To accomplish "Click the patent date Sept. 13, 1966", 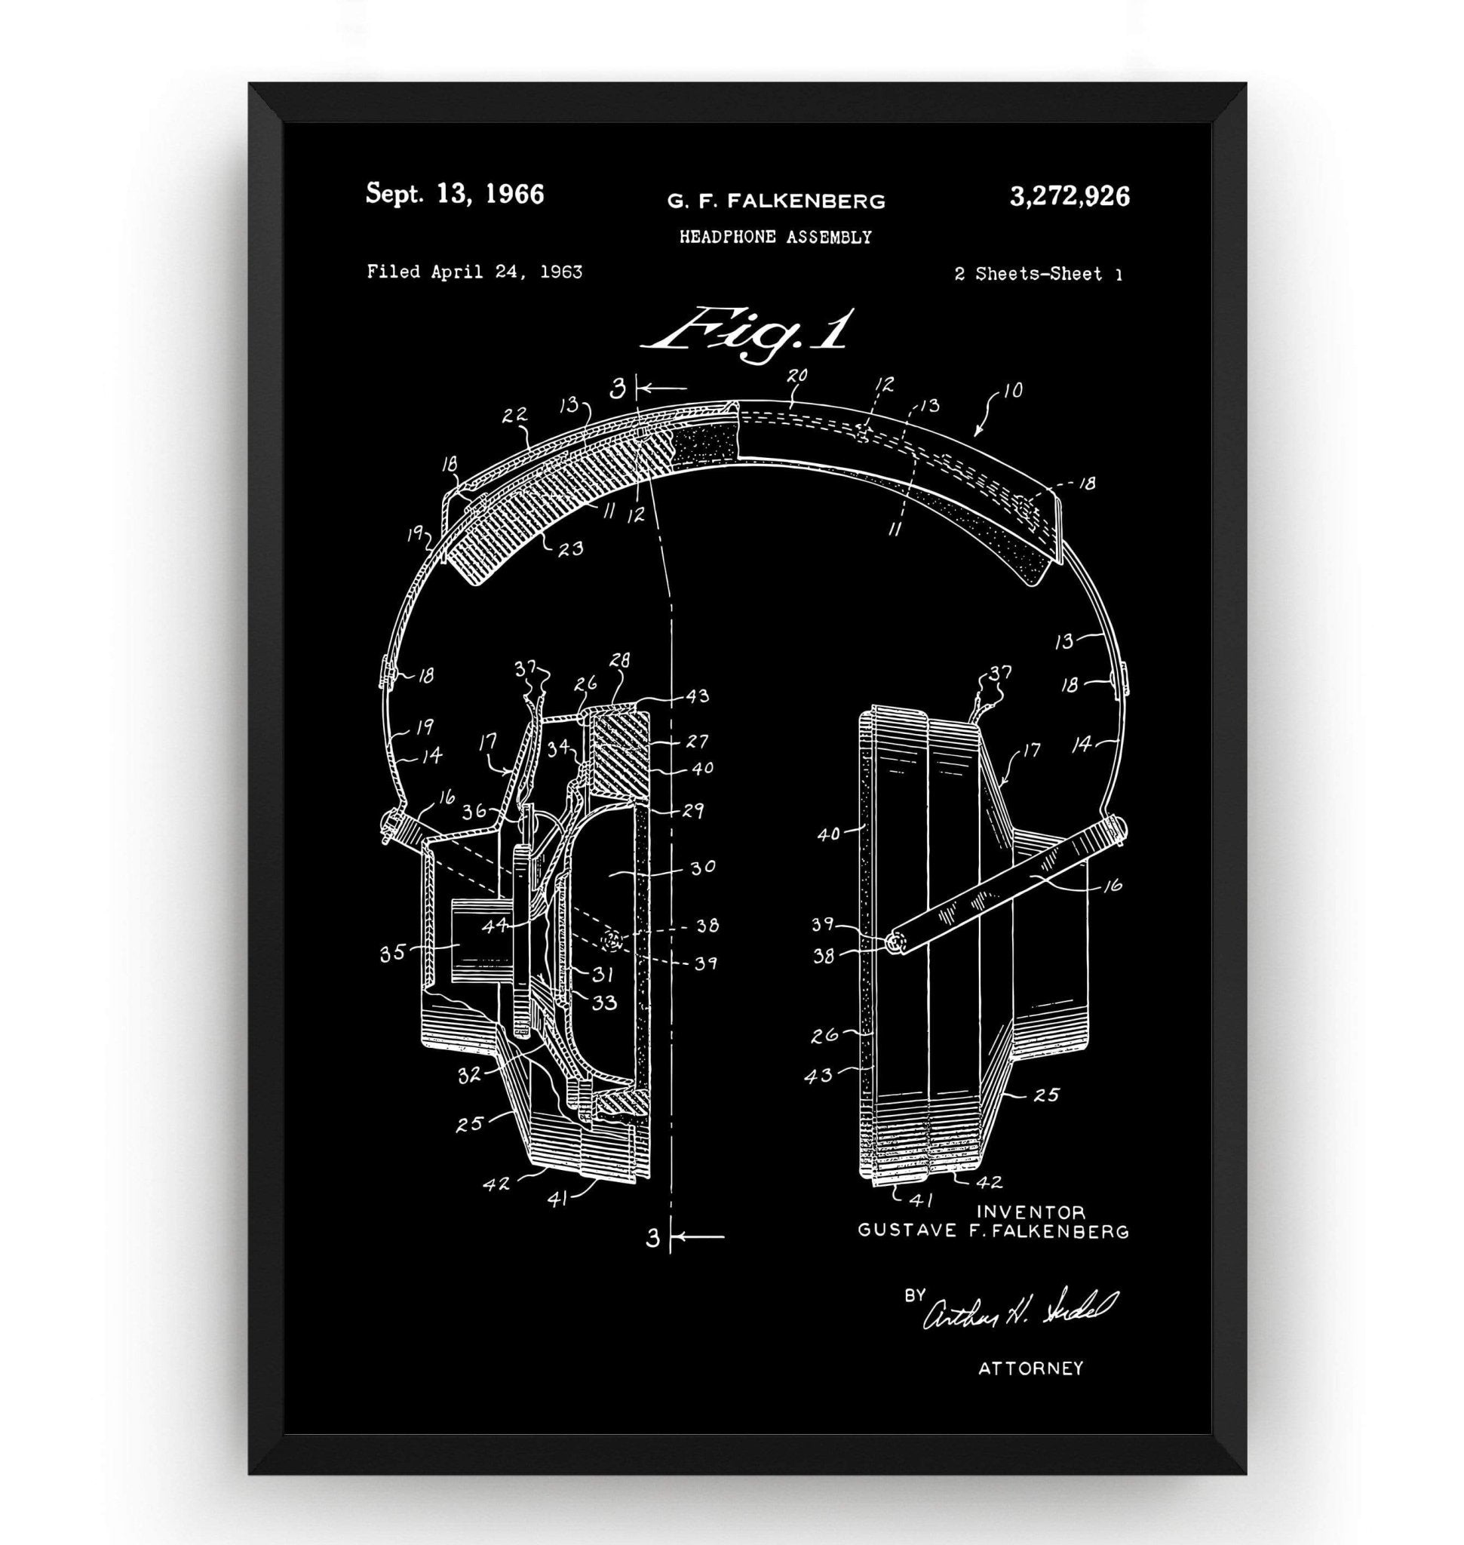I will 455,195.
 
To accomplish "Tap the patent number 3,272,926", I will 1069,196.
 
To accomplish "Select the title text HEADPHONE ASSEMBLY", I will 775,238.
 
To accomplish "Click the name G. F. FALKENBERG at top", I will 775,201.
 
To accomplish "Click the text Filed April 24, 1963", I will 474,272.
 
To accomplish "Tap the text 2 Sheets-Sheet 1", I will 1037,274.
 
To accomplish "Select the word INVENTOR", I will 1031,1212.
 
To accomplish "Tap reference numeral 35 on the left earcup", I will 391,954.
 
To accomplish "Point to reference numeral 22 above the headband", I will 515,416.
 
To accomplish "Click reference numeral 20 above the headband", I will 796,376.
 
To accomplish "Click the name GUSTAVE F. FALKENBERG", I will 993,1231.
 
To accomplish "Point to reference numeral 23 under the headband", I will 570,548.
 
